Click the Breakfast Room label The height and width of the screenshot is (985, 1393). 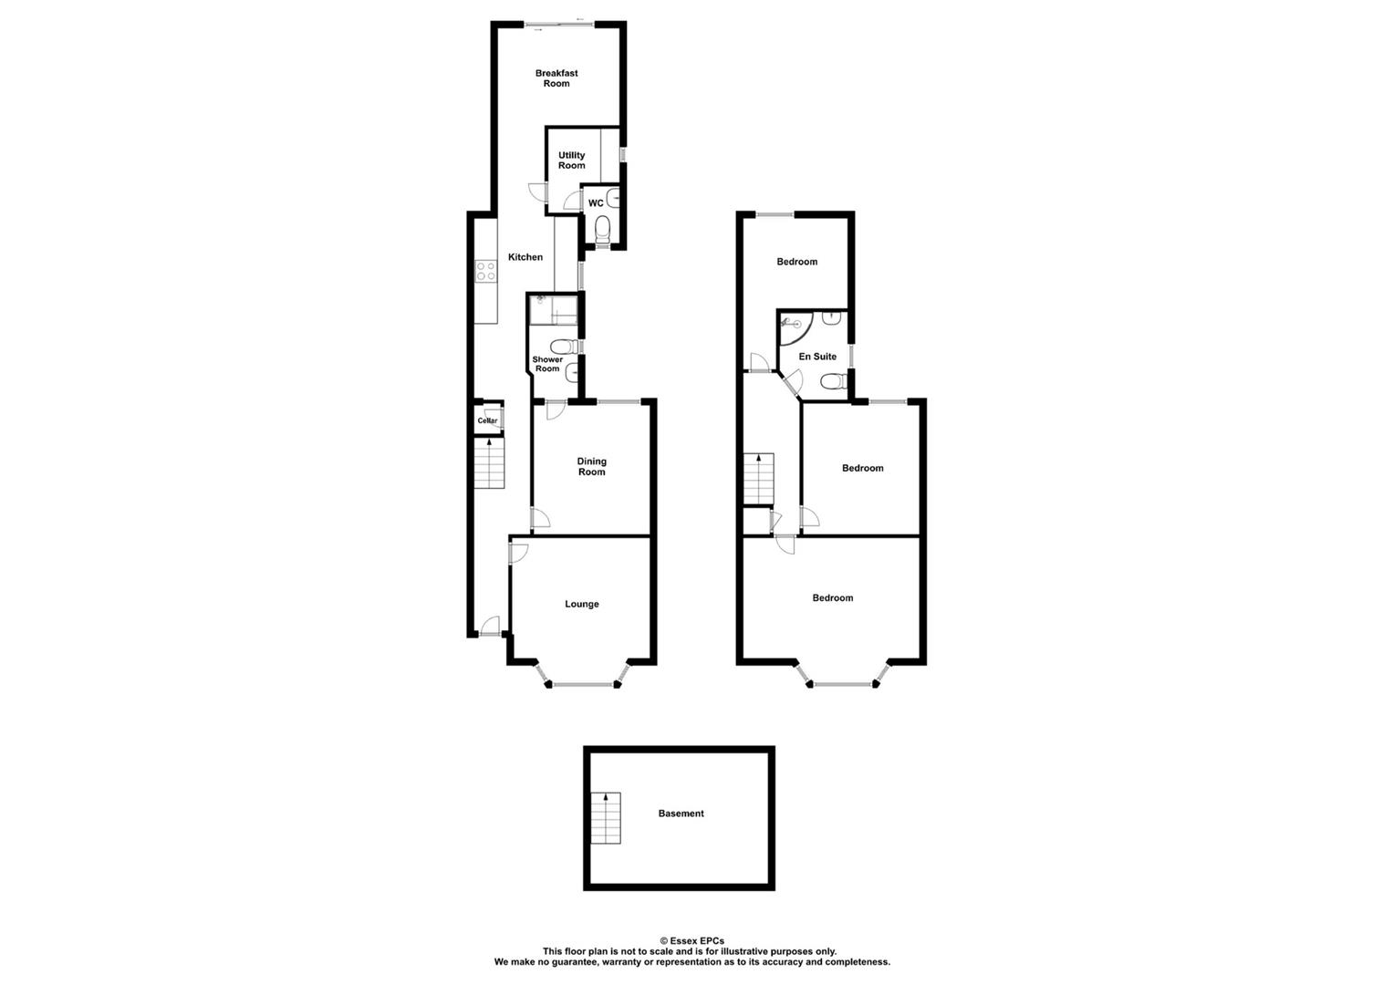point(556,78)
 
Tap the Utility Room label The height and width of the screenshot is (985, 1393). point(572,161)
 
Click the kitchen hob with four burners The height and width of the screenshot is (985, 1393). point(485,271)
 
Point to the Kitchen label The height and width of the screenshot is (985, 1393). point(525,257)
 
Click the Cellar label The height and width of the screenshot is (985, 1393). point(487,420)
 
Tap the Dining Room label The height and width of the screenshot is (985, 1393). point(591,467)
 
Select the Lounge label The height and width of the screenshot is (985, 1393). point(582,604)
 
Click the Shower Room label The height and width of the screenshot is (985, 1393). point(547,364)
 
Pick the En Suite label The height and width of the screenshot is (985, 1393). point(817,357)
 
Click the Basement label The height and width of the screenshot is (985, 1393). point(681,814)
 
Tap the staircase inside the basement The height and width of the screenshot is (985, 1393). point(606,818)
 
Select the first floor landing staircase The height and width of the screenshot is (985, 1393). point(758,478)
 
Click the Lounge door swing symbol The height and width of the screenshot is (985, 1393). point(517,552)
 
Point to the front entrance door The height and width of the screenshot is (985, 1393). point(490,627)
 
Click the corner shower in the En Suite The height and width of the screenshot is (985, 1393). point(791,324)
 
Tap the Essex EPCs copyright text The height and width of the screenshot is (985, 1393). point(692,941)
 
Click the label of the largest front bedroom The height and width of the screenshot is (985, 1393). point(833,598)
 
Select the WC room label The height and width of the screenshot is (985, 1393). point(596,203)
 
